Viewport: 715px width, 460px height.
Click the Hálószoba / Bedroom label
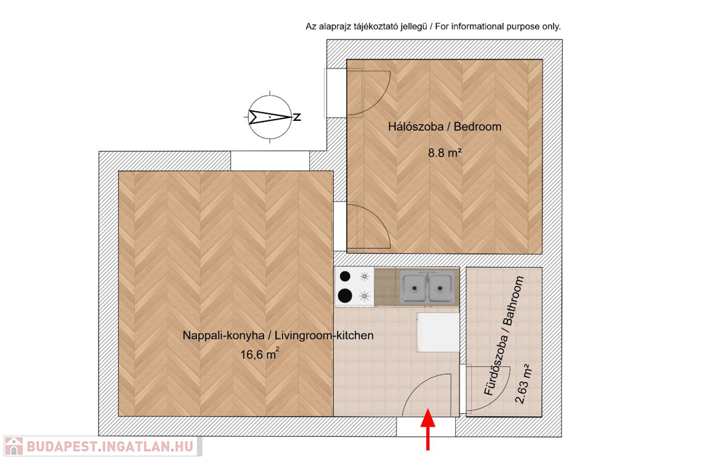[445, 127]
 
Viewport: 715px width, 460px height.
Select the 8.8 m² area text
[445, 152]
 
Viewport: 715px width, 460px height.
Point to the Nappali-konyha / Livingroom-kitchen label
[278, 336]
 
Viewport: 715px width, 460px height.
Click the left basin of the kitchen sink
[415, 287]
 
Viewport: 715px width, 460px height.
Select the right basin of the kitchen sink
[441, 287]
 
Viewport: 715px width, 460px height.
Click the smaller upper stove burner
[344, 277]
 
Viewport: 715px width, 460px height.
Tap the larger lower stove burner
[344, 296]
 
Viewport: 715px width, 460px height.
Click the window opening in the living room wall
[270, 161]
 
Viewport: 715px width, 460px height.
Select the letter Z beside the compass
[297, 117]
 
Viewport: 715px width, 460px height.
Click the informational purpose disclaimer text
[433, 27]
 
